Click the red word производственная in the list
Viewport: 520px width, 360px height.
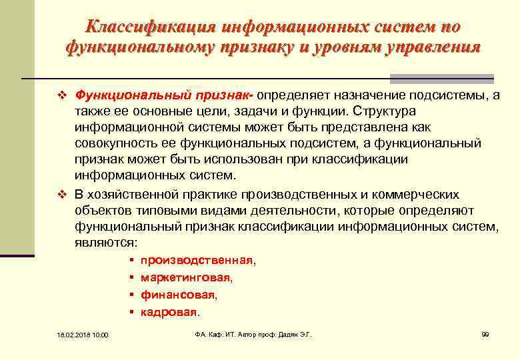pyautogui.click(x=197, y=260)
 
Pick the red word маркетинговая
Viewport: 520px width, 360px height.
pyautogui.click(x=186, y=277)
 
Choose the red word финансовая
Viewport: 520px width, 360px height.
pyautogui.click(x=178, y=294)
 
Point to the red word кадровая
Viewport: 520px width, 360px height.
pyautogui.click(x=169, y=311)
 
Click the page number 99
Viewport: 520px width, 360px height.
pyautogui.click(x=485, y=333)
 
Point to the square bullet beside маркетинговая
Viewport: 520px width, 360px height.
pyautogui.click(x=133, y=277)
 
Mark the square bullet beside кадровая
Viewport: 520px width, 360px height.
pyautogui.click(x=133, y=311)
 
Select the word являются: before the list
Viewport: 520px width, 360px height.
pyautogui.click(x=107, y=243)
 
